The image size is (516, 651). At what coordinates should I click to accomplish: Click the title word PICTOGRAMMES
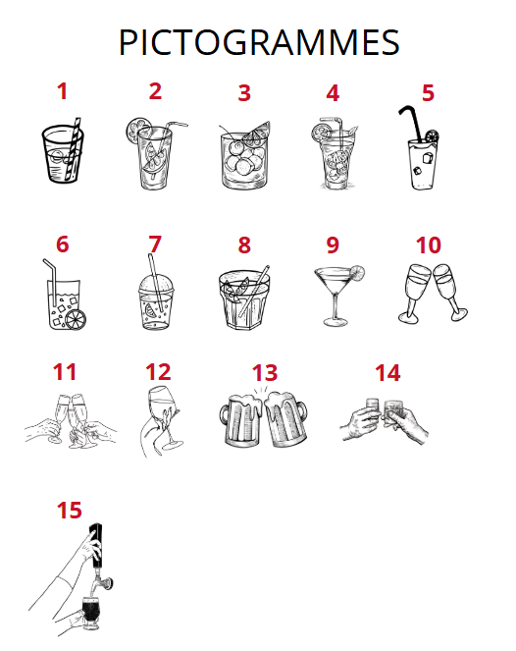(259, 42)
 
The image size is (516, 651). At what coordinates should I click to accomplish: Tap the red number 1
(62, 91)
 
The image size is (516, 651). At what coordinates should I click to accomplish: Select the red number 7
(155, 244)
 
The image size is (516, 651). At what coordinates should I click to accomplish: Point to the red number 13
(265, 373)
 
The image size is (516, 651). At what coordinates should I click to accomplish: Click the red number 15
(69, 511)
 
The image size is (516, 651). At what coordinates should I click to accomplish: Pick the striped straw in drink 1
(74, 148)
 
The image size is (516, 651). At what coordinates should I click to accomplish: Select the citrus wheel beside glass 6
(76, 319)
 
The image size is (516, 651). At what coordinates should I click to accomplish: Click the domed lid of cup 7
(156, 285)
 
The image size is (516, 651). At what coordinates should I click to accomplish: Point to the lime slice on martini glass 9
(357, 272)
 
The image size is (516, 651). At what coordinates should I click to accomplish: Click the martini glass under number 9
(336, 296)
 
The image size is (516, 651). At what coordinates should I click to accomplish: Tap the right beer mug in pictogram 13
(286, 418)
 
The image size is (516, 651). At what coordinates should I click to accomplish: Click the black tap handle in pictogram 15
(96, 546)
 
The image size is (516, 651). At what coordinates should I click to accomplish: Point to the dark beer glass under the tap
(91, 614)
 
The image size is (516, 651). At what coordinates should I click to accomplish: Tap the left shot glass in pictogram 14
(373, 409)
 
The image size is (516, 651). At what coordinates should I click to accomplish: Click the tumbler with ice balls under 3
(244, 161)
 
